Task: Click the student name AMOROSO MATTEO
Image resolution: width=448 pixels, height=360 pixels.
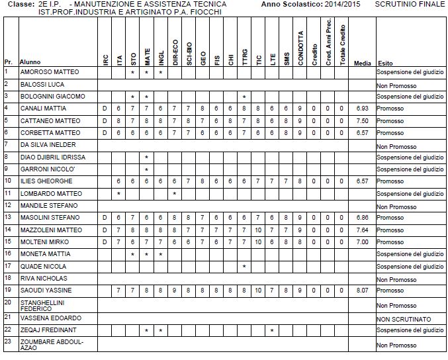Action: (50, 72)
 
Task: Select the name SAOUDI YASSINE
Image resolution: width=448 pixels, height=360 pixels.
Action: (46, 291)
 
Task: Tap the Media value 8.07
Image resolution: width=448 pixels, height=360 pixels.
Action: (361, 291)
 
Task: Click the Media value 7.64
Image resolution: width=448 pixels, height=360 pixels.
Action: (361, 230)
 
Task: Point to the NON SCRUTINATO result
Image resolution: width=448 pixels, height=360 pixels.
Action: (404, 318)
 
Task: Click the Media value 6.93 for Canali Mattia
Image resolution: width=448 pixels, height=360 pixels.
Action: (361, 109)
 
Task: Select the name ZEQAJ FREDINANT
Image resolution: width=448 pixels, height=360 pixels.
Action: (48, 330)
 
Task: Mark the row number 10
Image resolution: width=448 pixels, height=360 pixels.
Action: (8, 181)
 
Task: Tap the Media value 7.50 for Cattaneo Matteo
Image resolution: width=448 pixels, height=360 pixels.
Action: (361, 121)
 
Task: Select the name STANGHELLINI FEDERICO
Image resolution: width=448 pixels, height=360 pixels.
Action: (43, 304)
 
